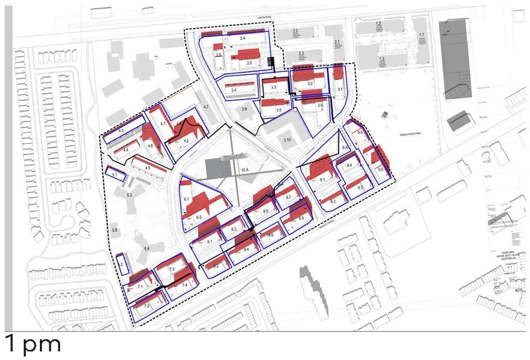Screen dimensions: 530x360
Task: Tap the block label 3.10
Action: pyautogui.click(x=287, y=140)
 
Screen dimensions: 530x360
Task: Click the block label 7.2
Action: pyautogui.click(x=146, y=306)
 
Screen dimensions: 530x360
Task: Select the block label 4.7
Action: pyautogui.click(x=205, y=107)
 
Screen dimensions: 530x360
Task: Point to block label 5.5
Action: pyautogui.click(x=115, y=230)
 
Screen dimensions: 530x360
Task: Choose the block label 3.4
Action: pyautogui.click(x=233, y=91)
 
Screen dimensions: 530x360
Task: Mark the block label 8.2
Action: pyautogui.click(x=215, y=266)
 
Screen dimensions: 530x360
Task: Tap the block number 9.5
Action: pyautogui.click(x=380, y=170)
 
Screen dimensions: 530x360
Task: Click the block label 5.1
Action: pyautogui.click(x=115, y=175)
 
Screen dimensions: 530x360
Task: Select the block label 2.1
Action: pyautogui.click(x=336, y=42)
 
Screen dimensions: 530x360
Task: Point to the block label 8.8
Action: pyautogui.click(x=301, y=219)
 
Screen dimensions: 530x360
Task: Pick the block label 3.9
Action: pyautogui.click(x=244, y=110)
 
